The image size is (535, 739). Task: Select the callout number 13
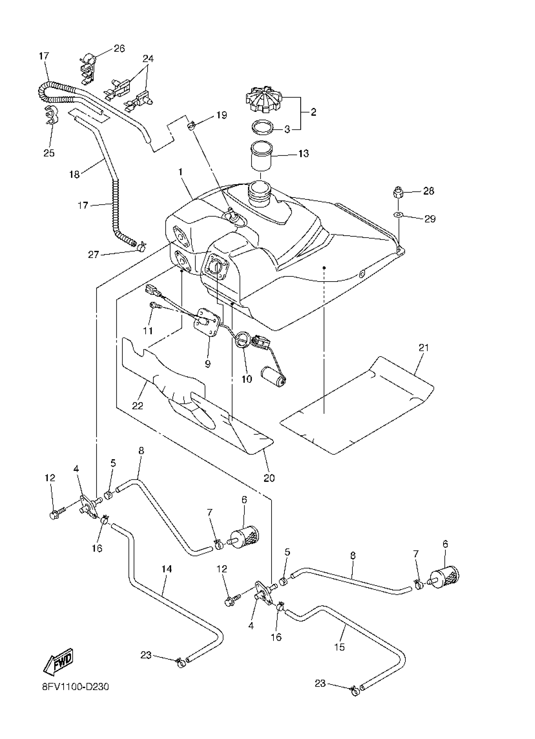(x=303, y=153)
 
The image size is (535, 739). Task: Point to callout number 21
(x=424, y=348)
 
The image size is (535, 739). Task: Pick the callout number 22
(x=138, y=406)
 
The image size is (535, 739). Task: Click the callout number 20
(x=269, y=478)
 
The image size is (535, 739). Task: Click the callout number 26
(x=119, y=49)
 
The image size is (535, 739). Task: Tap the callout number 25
(x=49, y=153)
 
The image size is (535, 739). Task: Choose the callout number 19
(x=222, y=115)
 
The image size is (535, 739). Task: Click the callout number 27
(x=93, y=255)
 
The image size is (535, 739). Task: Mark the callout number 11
(x=148, y=331)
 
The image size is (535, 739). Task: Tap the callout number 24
(x=148, y=59)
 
